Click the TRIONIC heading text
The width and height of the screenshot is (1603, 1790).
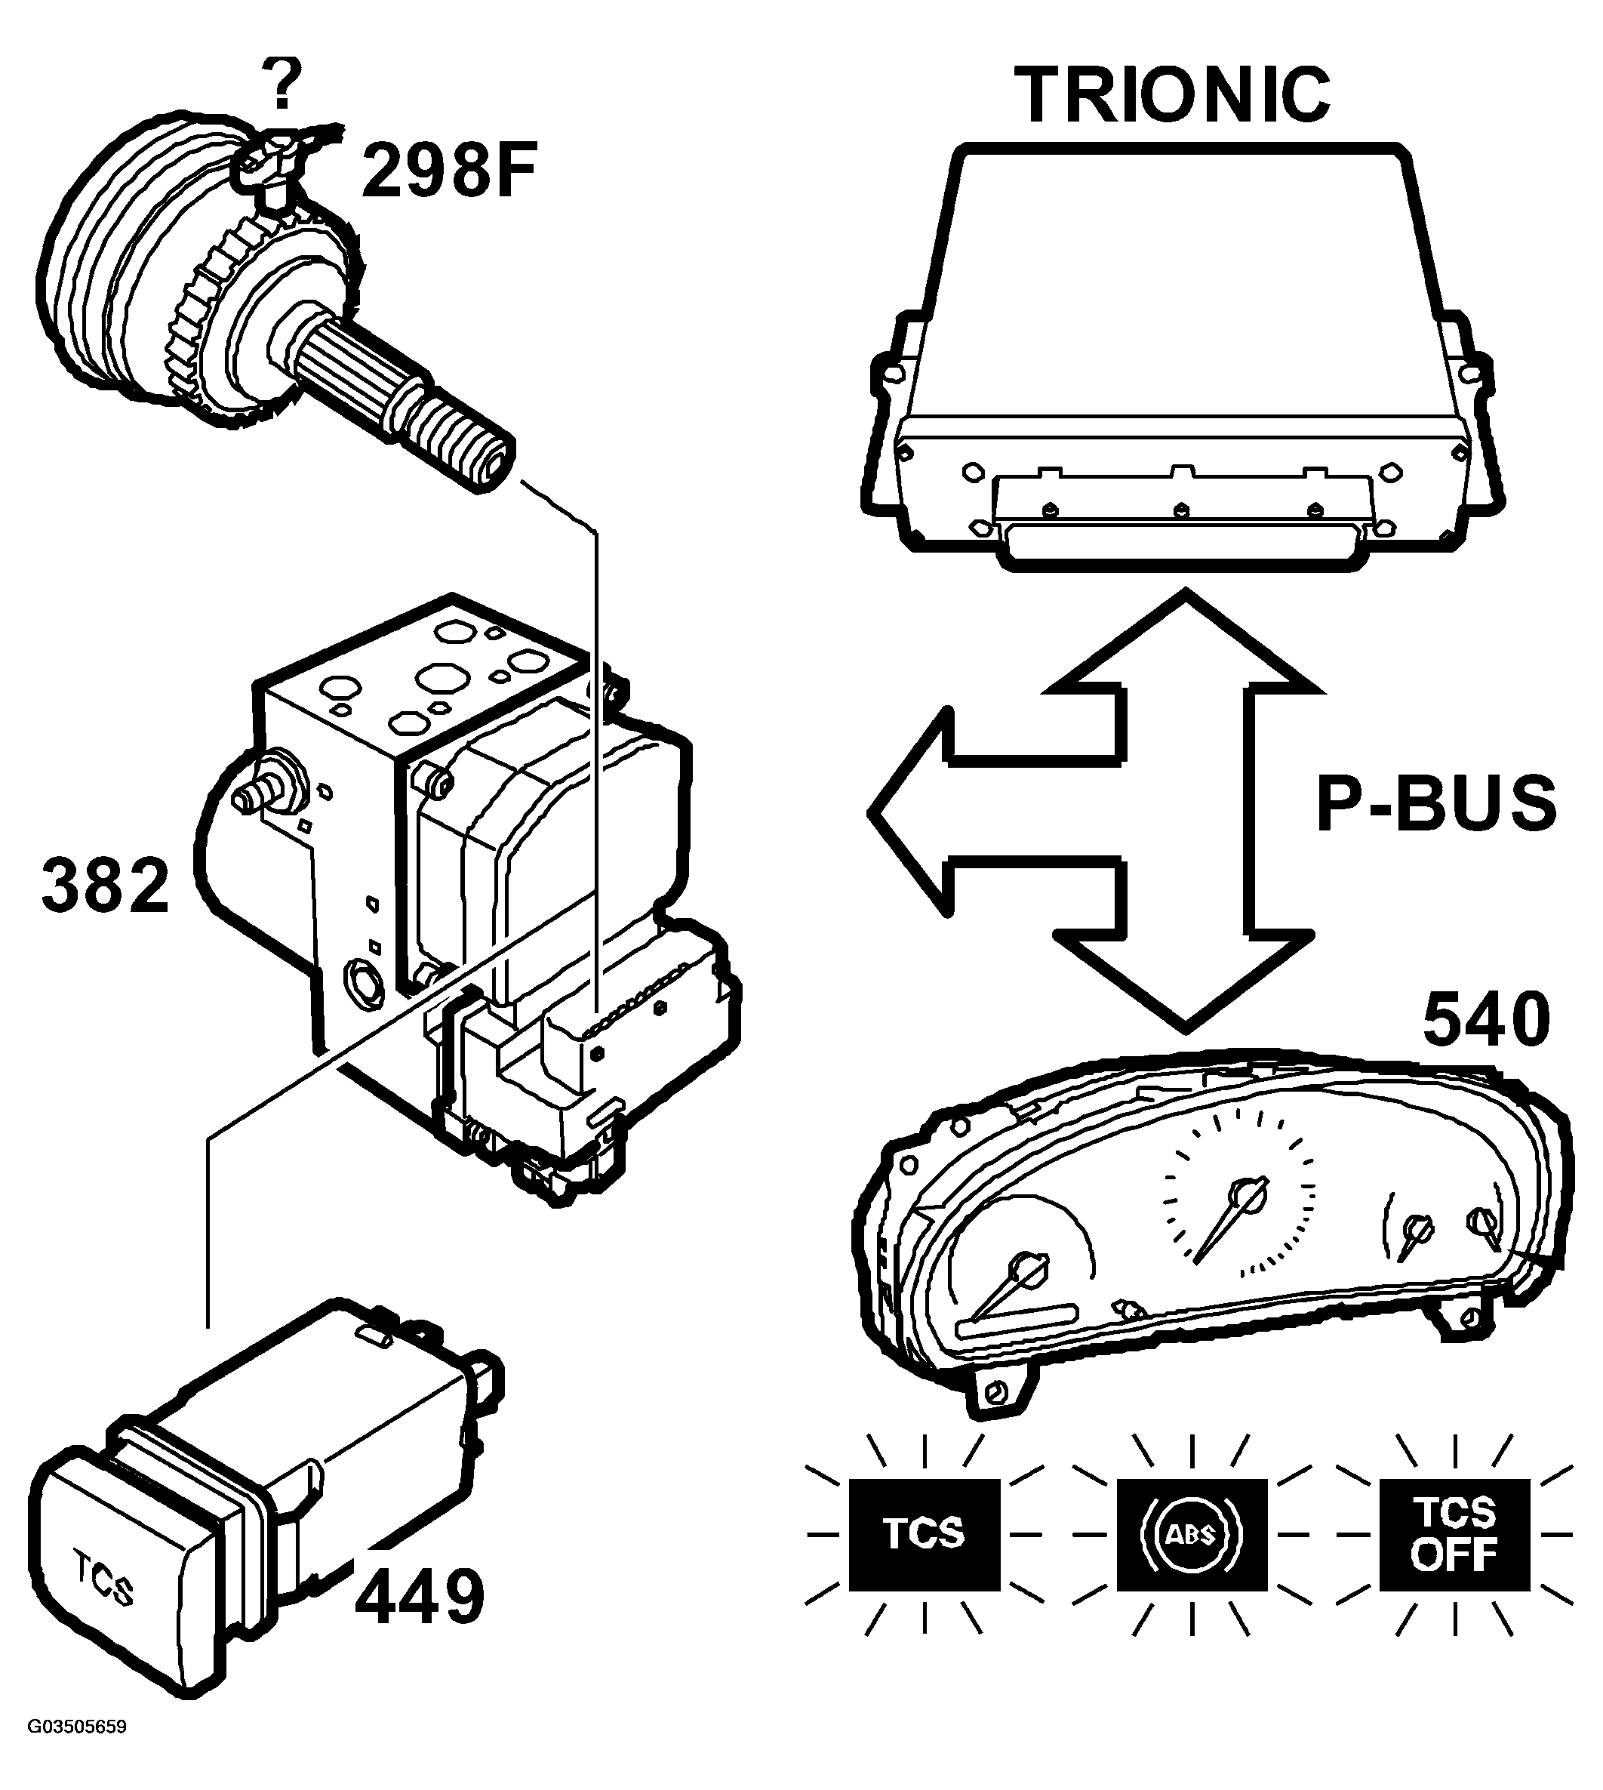(1173, 94)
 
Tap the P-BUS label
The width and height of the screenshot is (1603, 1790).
(1435, 803)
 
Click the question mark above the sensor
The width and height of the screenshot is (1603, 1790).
(282, 85)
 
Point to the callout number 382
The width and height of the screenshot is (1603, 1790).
(106, 886)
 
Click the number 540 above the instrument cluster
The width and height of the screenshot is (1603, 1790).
(1486, 1019)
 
